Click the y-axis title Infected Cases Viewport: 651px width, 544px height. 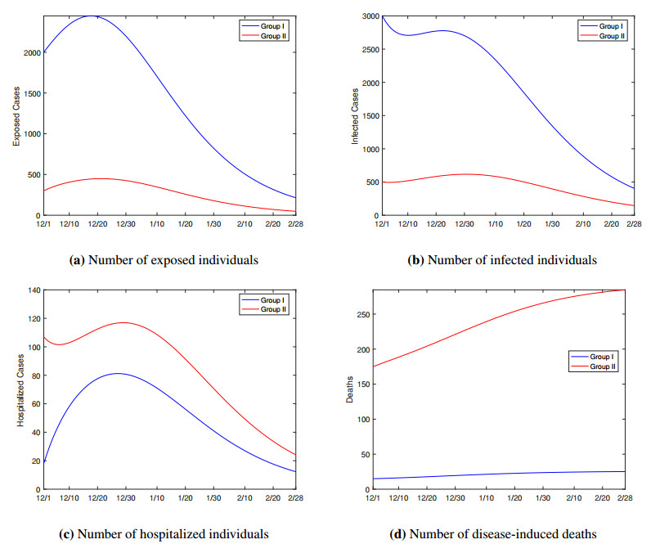355,116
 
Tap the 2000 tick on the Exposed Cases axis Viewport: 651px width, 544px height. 29,52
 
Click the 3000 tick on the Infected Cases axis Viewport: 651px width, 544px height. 368,16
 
